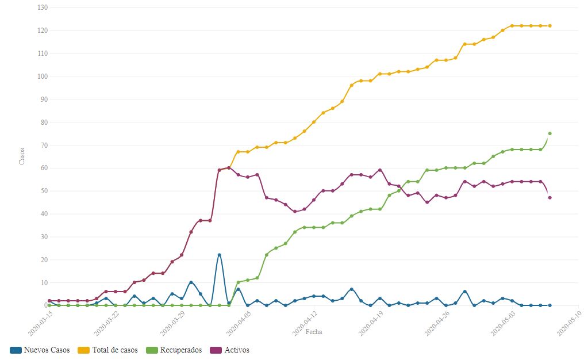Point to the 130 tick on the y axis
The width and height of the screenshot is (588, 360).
coord(42,7)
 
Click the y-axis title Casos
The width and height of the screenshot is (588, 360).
coord(22,156)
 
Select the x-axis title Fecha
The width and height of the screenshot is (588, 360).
coord(314,332)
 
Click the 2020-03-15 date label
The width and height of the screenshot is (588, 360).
coord(40,321)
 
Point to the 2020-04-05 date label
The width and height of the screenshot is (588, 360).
coord(237,321)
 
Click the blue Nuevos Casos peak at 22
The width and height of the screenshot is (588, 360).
coord(219,255)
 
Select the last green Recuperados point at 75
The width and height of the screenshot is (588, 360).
coord(550,133)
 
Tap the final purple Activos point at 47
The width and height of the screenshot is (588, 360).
coord(550,198)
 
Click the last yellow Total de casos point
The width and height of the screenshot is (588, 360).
coord(550,26)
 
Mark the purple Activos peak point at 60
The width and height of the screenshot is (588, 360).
coord(229,168)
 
